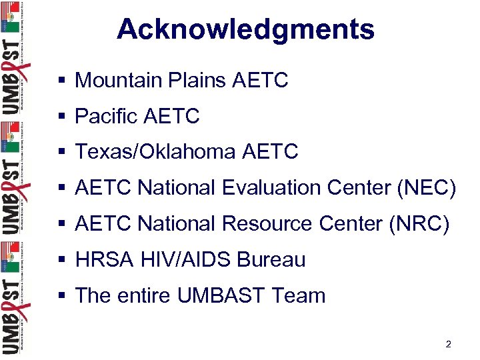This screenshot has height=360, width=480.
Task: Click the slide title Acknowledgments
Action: (x=245, y=29)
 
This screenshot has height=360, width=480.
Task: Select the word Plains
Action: (x=198, y=81)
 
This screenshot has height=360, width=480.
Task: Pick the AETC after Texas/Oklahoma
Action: (x=271, y=152)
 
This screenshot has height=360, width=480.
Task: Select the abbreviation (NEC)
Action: (x=426, y=189)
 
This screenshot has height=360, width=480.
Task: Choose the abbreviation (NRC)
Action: (x=420, y=224)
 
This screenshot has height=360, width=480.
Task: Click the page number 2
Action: (x=448, y=345)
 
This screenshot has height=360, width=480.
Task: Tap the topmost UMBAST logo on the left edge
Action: (x=12, y=60)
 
